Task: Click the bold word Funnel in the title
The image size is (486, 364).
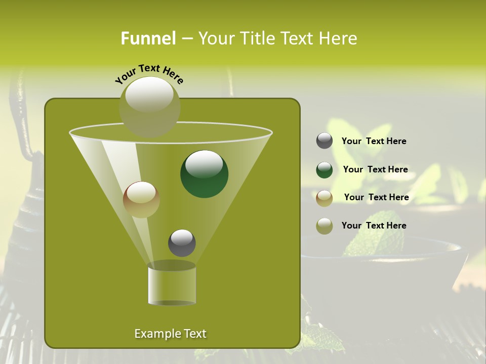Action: point(148,38)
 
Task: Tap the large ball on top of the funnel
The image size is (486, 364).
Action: point(149,106)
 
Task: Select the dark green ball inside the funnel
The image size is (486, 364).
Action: point(204,173)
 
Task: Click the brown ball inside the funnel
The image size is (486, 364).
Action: point(141,199)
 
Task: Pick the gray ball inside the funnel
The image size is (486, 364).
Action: point(182,243)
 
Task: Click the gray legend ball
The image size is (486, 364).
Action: point(325,141)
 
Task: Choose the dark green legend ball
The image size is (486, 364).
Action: point(325,169)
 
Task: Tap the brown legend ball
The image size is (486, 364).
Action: point(325,198)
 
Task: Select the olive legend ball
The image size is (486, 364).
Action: point(325,226)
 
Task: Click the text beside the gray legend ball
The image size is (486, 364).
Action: point(374,141)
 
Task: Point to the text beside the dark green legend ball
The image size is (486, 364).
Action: point(375,169)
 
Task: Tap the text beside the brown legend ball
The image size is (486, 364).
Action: point(376,197)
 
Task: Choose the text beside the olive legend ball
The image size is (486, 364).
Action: point(374,225)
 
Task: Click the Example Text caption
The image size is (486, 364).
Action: point(170,334)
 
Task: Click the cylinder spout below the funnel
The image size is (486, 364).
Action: point(172,286)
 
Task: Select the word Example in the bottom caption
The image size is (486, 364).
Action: point(154,334)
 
